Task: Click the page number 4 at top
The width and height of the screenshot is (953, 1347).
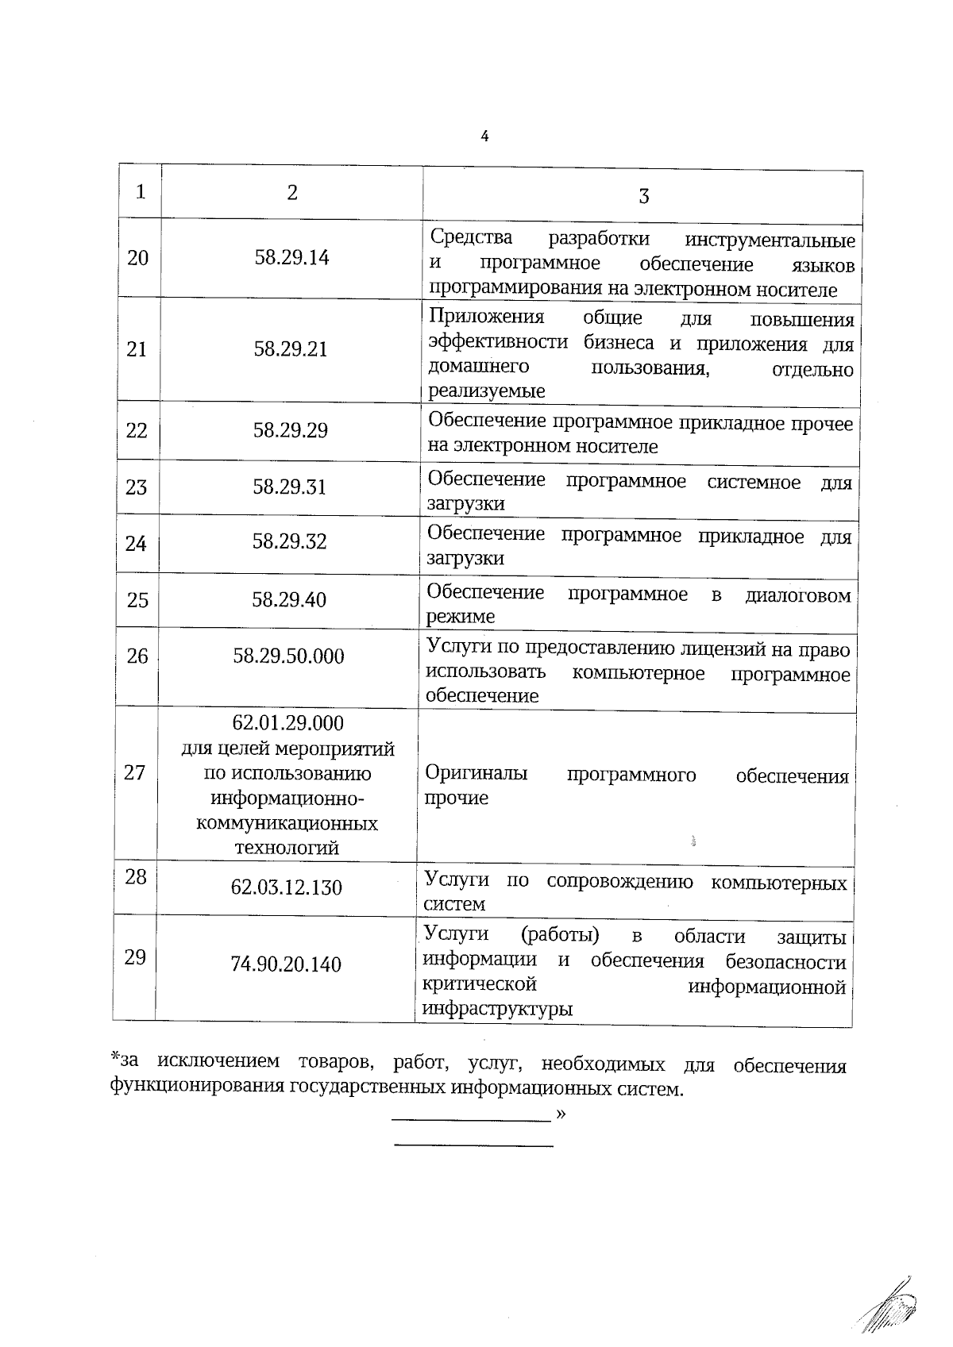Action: pyautogui.click(x=484, y=137)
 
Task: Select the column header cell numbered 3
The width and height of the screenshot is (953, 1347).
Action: pyautogui.click(x=643, y=196)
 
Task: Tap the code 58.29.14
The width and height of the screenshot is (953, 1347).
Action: pyautogui.click(x=291, y=257)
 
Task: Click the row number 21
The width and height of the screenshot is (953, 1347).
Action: pyautogui.click(x=137, y=349)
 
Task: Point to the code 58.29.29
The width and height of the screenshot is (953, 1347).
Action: pyautogui.click(x=291, y=430)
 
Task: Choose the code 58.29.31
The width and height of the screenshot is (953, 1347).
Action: pyautogui.click(x=290, y=487)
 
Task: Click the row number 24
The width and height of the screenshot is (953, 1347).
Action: pyautogui.click(x=136, y=544)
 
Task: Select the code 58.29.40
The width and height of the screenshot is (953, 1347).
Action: pyautogui.click(x=289, y=599)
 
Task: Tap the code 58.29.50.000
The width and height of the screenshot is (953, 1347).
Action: pyautogui.click(x=289, y=656)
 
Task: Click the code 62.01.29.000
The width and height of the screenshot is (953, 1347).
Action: pyautogui.click(x=288, y=723)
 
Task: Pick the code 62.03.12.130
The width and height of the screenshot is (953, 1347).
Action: pyautogui.click(x=287, y=887)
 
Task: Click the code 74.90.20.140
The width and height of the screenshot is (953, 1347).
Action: pyautogui.click(x=286, y=964)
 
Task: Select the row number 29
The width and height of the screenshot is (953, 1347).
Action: pyautogui.click(x=135, y=957)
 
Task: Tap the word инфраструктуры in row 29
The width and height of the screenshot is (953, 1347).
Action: pyautogui.click(x=498, y=1010)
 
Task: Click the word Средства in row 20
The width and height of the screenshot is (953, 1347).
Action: pyautogui.click(x=471, y=237)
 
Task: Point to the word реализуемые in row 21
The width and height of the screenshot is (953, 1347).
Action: pyautogui.click(x=487, y=391)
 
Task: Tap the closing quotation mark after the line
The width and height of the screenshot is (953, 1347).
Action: pyautogui.click(x=561, y=1114)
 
